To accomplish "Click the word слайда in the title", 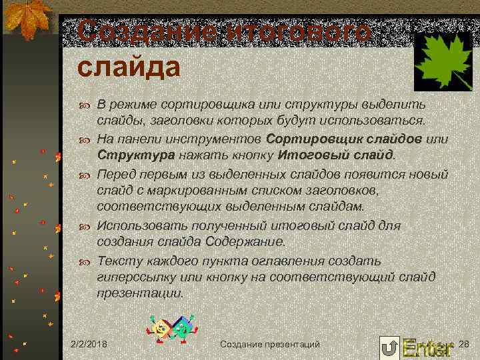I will click(128, 67).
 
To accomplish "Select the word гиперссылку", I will click(135, 276).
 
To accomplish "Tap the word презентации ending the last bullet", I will click(138, 293).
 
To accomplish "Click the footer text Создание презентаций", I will click(269, 343).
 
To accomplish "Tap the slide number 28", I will click(465, 343).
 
